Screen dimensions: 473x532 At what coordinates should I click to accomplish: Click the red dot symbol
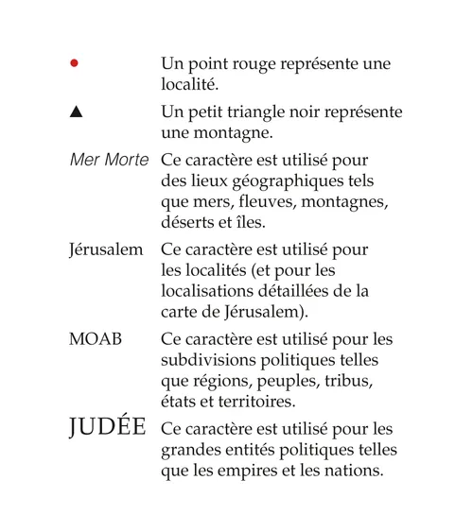(x=75, y=64)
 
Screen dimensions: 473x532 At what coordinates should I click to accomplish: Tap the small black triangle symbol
(x=76, y=112)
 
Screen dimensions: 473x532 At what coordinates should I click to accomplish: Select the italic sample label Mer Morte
(x=109, y=160)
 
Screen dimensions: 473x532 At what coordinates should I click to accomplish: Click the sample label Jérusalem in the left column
(x=106, y=250)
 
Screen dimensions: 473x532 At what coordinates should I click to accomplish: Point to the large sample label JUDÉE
(x=107, y=426)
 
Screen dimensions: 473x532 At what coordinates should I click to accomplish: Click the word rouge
(x=252, y=64)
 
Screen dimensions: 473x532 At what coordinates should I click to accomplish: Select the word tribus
(x=350, y=381)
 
